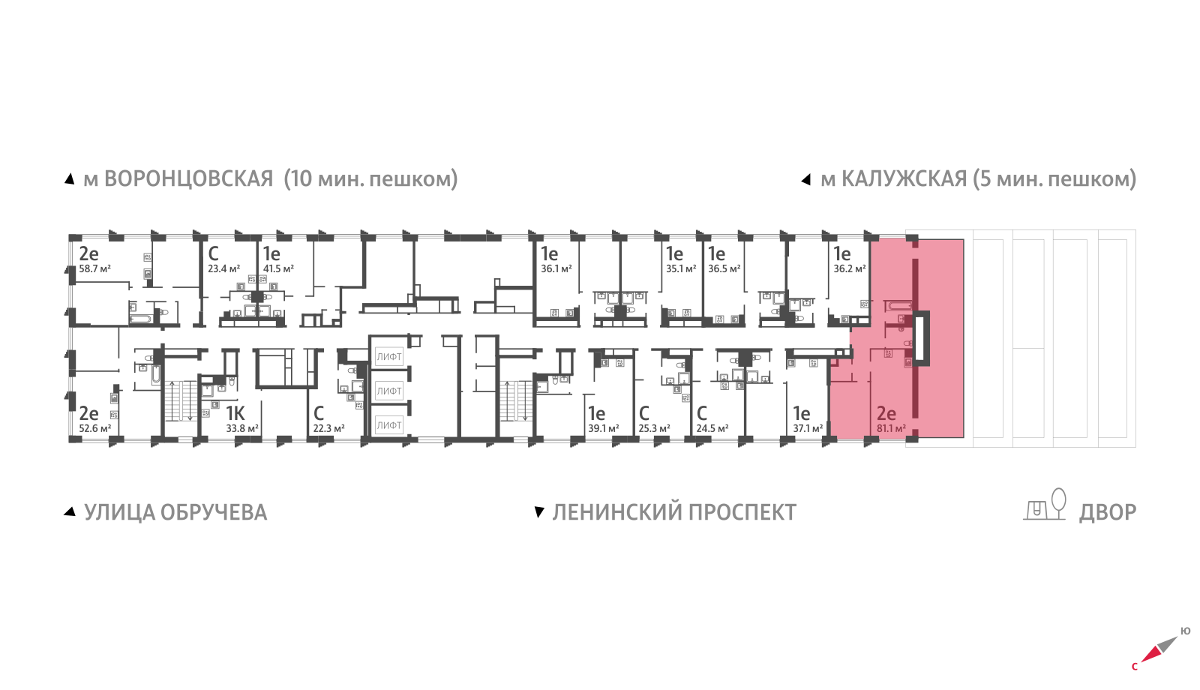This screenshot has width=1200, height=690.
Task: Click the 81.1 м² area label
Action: click(x=891, y=429)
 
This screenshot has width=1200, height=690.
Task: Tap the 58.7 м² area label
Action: click(x=95, y=269)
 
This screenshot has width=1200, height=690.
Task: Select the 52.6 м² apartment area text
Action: click(x=95, y=429)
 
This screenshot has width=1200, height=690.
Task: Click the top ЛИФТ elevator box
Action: click(x=389, y=357)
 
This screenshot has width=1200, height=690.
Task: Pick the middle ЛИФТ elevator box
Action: click(x=389, y=391)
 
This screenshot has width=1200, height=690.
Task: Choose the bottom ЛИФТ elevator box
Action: click(x=389, y=425)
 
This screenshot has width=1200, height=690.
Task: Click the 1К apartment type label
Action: click(x=235, y=414)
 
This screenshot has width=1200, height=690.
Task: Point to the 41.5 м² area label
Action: click(x=278, y=269)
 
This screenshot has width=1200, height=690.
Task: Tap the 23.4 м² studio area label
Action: click(x=223, y=269)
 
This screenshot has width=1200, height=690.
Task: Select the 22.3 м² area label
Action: click(x=328, y=429)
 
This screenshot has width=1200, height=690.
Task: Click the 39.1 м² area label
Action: click(x=604, y=429)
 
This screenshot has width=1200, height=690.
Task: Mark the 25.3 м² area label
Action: click(x=654, y=429)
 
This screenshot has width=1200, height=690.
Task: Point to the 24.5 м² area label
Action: click(x=712, y=429)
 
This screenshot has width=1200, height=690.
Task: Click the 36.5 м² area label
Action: click(x=724, y=269)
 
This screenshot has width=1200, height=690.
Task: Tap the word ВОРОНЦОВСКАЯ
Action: click(x=188, y=179)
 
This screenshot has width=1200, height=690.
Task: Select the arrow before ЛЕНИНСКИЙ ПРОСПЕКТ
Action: click(x=538, y=512)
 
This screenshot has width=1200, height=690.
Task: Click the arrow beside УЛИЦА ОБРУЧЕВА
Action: click(x=70, y=511)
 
